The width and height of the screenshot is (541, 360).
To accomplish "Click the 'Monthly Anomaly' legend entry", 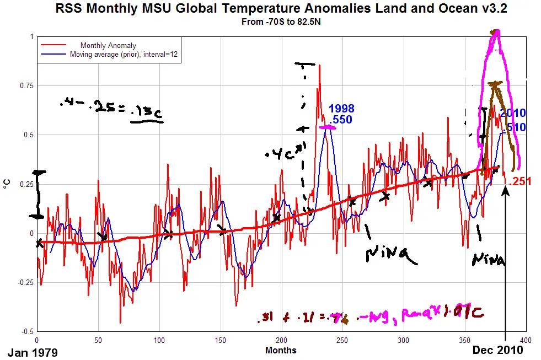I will [x=108, y=45].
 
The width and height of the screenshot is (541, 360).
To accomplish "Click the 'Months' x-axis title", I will [x=281, y=350].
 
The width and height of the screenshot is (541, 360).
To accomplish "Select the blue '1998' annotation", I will [x=341, y=109].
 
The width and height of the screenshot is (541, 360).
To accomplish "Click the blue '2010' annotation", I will [x=512, y=114].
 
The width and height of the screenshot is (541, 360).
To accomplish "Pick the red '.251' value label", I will [x=519, y=182].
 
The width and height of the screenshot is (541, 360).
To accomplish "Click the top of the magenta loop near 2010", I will [x=497, y=33].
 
